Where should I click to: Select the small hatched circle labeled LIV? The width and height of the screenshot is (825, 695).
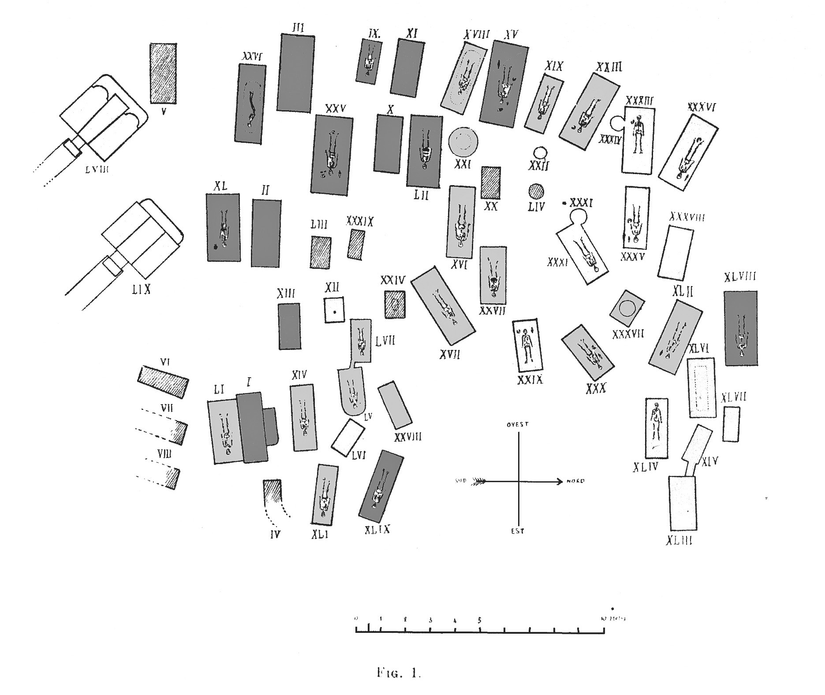pyautogui.click(x=536, y=192)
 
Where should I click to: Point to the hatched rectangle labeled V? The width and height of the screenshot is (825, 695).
pyautogui.click(x=163, y=73)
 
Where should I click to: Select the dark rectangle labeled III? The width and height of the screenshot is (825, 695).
pyautogui.click(x=295, y=73)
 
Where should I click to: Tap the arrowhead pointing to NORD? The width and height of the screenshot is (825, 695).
pyautogui.click(x=559, y=481)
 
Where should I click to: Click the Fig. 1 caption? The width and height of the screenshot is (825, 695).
pyautogui.click(x=399, y=673)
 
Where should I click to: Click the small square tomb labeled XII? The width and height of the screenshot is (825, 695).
pyautogui.click(x=334, y=310)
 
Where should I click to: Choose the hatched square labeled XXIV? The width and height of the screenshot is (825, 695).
pyautogui.click(x=395, y=304)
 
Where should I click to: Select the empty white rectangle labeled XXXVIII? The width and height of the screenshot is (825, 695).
pyautogui.click(x=675, y=253)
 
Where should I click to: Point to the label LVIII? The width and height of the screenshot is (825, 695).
pyautogui.click(x=96, y=169)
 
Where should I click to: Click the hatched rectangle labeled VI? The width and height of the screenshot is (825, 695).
pyautogui.click(x=163, y=382)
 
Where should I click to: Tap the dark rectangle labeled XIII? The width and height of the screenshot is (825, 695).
pyautogui.click(x=290, y=326)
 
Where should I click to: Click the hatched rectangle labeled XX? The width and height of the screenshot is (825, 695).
pyautogui.click(x=491, y=183)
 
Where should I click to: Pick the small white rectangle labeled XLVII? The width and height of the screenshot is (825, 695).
pyautogui.click(x=731, y=424)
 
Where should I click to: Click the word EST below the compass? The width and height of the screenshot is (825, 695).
pyautogui.click(x=518, y=531)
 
